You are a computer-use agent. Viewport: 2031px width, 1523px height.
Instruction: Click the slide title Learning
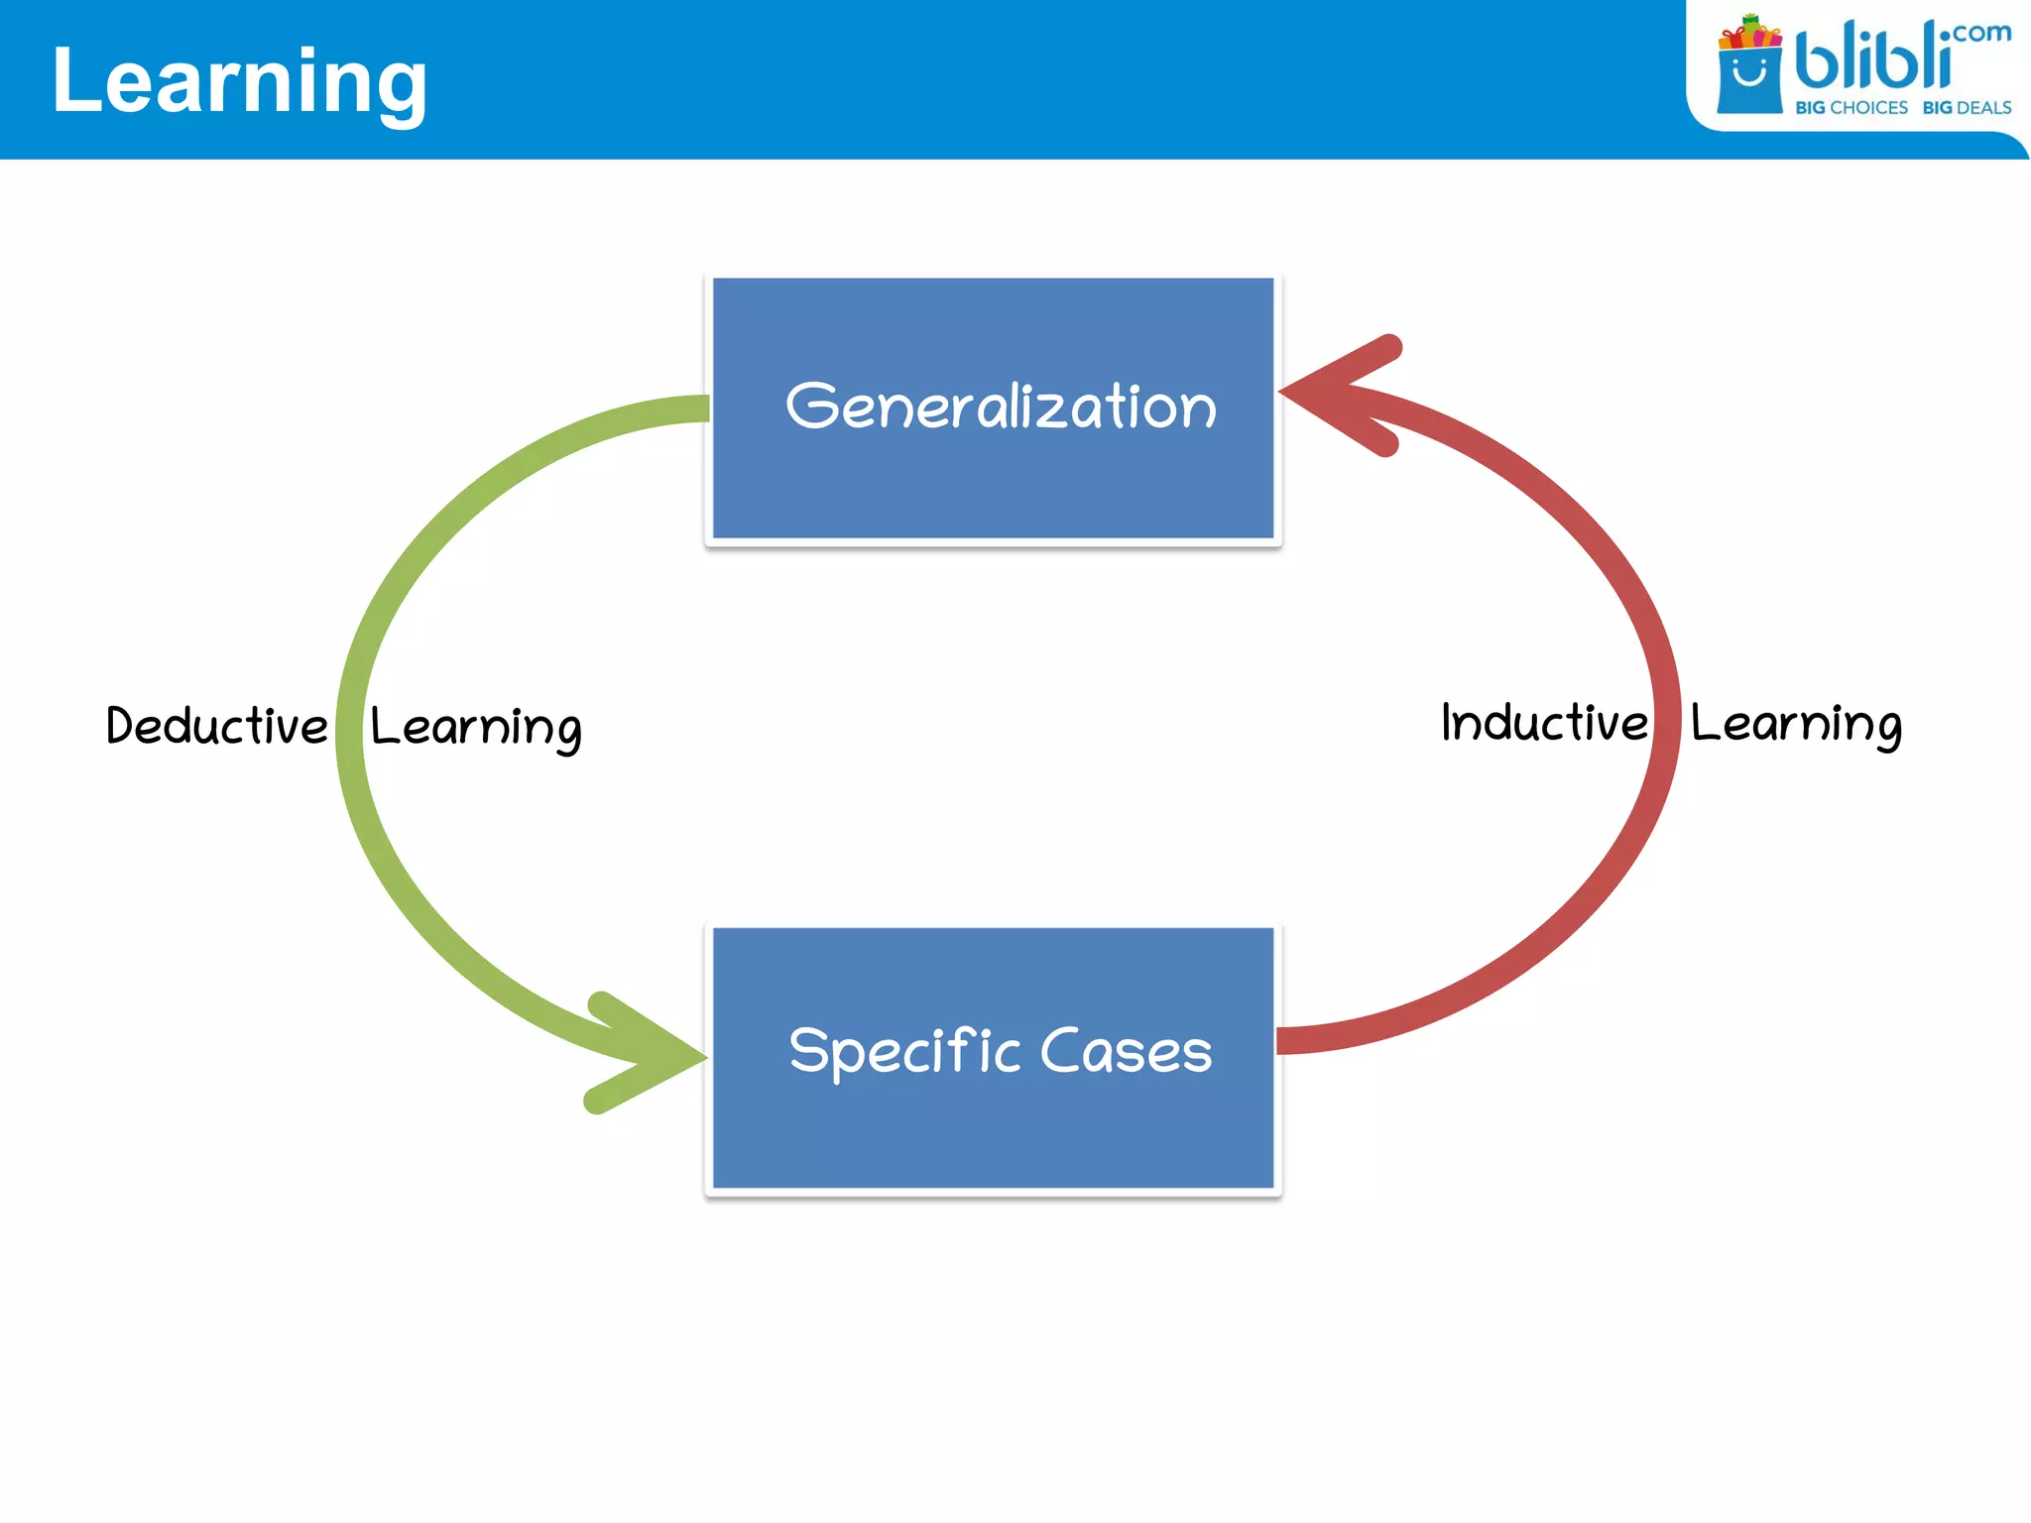pos(239,82)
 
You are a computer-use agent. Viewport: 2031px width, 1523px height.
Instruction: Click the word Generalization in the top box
pos(1001,407)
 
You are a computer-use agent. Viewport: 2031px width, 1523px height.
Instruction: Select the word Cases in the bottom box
pos(1126,1051)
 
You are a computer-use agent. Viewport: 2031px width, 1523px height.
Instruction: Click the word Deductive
pos(216,726)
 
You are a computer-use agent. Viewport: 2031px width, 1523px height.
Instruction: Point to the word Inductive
pos(1544,723)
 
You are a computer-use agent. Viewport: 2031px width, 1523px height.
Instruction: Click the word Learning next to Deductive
pos(476,728)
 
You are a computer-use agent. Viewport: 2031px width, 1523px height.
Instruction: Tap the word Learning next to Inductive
pos(1796,725)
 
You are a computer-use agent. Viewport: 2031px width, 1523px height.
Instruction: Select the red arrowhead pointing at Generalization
pos(1339,395)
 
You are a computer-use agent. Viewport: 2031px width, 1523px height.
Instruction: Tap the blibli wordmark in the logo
pos(1872,58)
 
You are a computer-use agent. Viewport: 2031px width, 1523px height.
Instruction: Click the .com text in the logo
pos(1981,33)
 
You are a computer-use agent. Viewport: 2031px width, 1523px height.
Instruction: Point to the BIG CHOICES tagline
pos(1852,108)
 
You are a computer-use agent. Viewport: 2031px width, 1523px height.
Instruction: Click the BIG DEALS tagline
pos(1967,108)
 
